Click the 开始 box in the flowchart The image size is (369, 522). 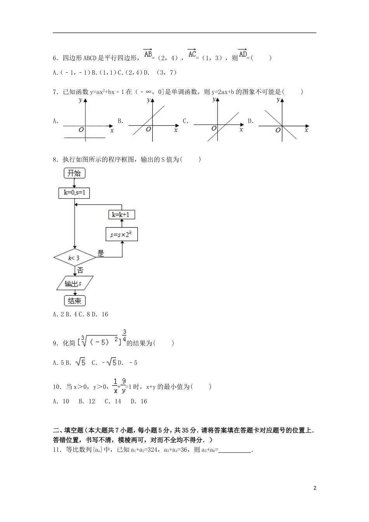tap(74, 173)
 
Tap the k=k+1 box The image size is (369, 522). tap(122, 215)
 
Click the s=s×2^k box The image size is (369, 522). tap(122, 235)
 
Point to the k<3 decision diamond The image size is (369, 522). tap(74, 257)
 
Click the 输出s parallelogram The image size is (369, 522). tap(74, 284)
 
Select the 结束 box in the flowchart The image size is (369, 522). tap(74, 301)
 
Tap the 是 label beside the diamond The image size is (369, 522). tap(101, 254)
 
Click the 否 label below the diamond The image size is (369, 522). tap(80, 270)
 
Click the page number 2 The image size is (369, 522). tap(315, 488)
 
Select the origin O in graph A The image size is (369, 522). tap(81, 130)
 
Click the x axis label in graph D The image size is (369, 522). tap(306, 130)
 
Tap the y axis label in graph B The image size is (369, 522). tap(148, 101)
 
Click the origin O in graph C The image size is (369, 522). tap(214, 128)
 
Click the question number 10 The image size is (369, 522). tap(57, 387)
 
